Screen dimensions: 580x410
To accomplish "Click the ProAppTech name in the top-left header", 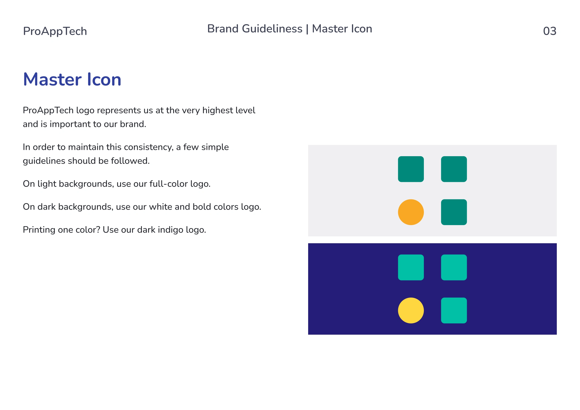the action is point(55,31).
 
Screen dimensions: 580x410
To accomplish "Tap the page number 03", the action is point(550,31).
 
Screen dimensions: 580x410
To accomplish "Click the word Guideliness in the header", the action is point(272,29).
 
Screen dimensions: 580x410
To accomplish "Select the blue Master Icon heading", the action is point(72,79).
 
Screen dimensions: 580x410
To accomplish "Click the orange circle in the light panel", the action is point(411,212).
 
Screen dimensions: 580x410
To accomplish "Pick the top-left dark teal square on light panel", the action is point(411,169).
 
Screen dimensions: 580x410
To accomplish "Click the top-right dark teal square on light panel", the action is point(454,169).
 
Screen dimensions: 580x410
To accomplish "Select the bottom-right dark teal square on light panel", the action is point(454,212).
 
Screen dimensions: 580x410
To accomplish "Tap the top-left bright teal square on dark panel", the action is point(411,267).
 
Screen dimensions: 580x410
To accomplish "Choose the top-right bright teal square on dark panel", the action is point(454,267).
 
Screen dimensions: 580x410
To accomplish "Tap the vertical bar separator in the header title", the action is point(307,29).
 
